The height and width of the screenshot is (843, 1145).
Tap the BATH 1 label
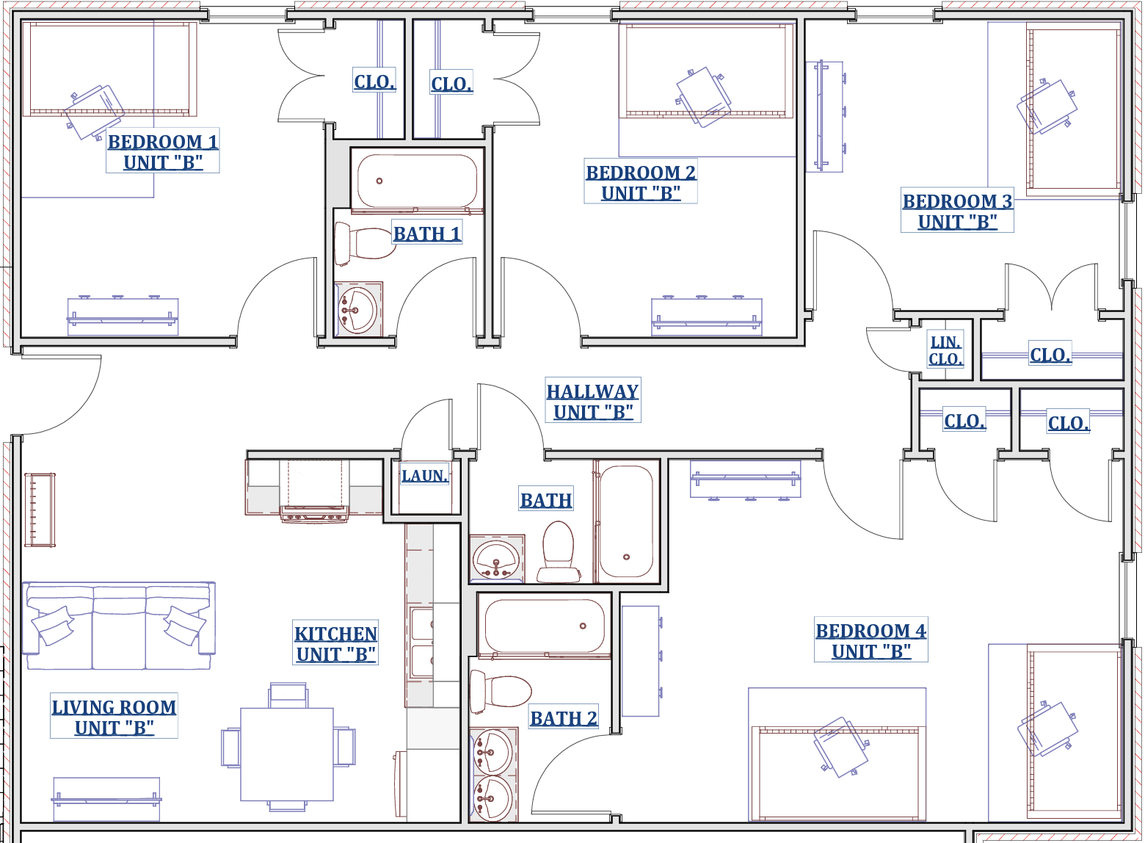[427, 234]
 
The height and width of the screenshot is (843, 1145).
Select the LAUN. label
[424, 475]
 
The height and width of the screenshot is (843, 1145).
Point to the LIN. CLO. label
[945, 350]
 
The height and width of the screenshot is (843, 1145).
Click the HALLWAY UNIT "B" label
[593, 401]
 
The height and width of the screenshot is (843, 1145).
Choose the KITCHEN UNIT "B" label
[336, 643]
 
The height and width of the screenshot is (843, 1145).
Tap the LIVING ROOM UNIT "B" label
[114, 717]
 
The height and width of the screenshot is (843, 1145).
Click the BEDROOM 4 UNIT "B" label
[870, 640]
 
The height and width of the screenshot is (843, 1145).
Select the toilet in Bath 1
[365, 244]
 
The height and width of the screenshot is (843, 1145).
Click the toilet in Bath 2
[501, 690]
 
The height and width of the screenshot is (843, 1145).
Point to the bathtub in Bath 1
[417, 181]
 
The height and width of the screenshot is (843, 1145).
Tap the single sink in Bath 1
[358, 309]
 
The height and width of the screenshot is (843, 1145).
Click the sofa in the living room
[119, 625]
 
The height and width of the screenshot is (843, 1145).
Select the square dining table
[287, 754]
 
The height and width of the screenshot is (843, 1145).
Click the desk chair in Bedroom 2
[702, 96]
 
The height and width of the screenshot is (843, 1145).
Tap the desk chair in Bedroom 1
[95, 112]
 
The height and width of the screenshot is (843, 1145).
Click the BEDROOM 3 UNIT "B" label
[957, 211]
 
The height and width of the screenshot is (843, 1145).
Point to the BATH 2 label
[563, 718]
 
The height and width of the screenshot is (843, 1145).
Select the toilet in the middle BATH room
[558, 552]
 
